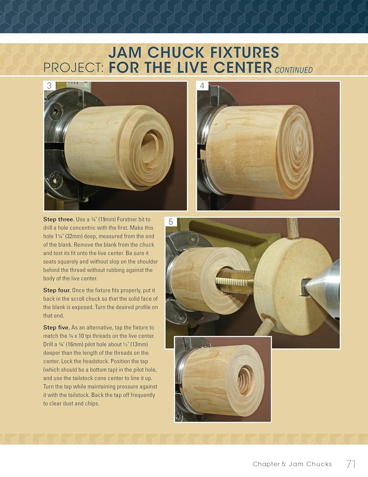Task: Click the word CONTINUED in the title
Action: pyautogui.click(x=294, y=70)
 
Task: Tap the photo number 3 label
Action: pyautogui.click(x=49, y=86)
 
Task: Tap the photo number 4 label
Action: pyautogui.click(x=202, y=86)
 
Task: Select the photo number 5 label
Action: pyautogui.click(x=171, y=222)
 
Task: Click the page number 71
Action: pyautogui.click(x=351, y=464)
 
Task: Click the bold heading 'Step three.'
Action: pyautogui.click(x=58, y=219)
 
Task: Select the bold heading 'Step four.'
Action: pyautogui.click(x=57, y=290)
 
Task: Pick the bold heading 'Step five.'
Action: pyautogui.click(x=57, y=328)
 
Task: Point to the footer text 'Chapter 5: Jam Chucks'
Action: pyautogui.click(x=292, y=464)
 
